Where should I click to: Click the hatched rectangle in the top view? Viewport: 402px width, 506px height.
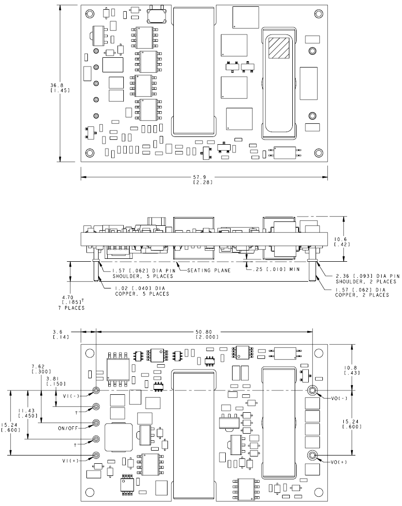point(278,48)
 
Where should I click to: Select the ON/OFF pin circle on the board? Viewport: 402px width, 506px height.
point(96,423)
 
